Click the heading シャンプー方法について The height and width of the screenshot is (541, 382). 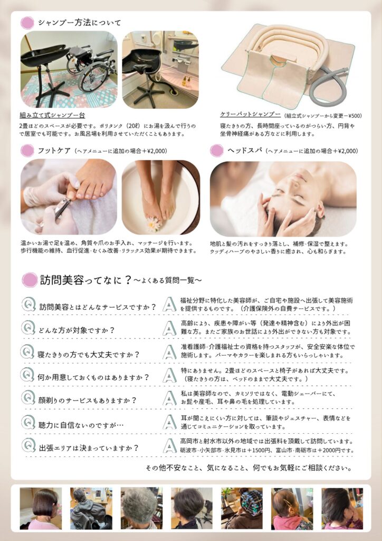click(80, 23)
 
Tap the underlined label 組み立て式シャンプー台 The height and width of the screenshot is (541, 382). click(52, 115)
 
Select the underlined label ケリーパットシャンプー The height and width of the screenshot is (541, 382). click(251, 114)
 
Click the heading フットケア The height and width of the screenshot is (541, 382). click(54, 151)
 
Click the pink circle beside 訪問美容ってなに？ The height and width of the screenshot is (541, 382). click(30, 280)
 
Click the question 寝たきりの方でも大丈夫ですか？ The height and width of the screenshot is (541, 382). click(89, 355)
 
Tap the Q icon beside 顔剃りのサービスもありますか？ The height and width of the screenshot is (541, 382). click(28, 397)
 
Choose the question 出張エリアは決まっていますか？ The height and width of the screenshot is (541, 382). click(89, 448)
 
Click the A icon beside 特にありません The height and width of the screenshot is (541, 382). click(169, 375)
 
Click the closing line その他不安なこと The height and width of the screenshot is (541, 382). click(249, 468)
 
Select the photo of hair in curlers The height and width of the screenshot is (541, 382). click(242, 508)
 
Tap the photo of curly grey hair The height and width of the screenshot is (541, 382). click(141, 508)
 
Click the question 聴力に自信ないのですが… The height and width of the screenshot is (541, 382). click(81, 425)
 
